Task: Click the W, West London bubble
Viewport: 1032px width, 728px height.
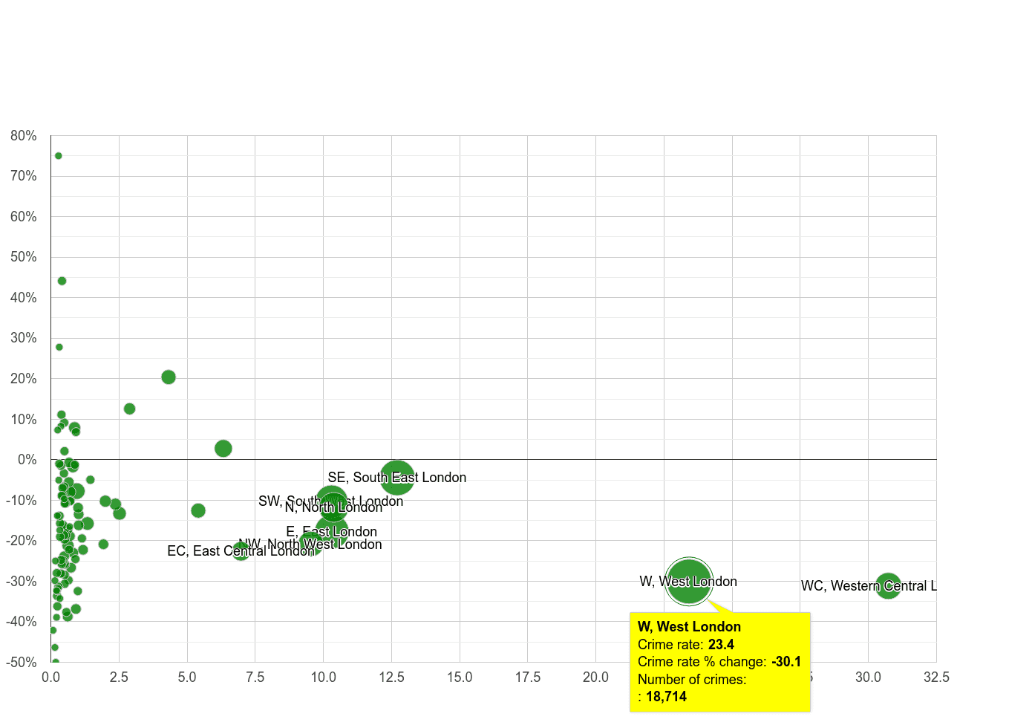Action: [689, 582]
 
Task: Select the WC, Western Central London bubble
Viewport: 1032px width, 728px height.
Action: [888, 586]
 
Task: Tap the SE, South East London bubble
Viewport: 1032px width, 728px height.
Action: [397, 478]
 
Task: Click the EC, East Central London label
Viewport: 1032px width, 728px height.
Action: [240, 551]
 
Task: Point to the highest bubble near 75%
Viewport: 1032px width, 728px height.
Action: [59, 156]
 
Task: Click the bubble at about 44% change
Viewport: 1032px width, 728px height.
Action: [62, 281]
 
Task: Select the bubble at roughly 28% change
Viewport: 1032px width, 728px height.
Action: [59, 347]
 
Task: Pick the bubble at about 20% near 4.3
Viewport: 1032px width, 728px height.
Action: [169, 377]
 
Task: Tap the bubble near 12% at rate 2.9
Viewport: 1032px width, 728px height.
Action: [130, 409]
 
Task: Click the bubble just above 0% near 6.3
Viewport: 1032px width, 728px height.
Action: [223, 449]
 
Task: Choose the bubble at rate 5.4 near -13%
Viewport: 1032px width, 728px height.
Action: [198, 510]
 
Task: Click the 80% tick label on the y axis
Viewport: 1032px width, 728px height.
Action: [24, 136]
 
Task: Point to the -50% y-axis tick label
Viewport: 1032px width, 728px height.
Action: [22, 662]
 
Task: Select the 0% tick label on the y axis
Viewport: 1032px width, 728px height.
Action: [27, 460]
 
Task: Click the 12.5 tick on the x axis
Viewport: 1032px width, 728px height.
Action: [391, 677]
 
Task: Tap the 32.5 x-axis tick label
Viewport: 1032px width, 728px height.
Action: [936, 677]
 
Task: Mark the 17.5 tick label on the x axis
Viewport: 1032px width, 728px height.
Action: [528, 677]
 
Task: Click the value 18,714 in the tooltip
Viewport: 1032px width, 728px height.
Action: [666, 697]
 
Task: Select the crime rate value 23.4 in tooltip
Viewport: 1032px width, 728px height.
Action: [721, 645]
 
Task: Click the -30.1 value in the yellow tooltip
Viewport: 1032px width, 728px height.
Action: [786, 662]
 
